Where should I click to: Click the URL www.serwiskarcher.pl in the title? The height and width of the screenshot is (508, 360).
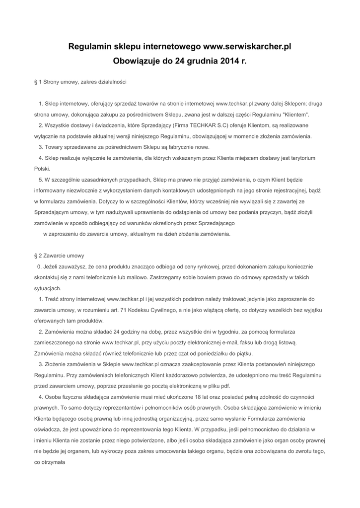tap(247, 47)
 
